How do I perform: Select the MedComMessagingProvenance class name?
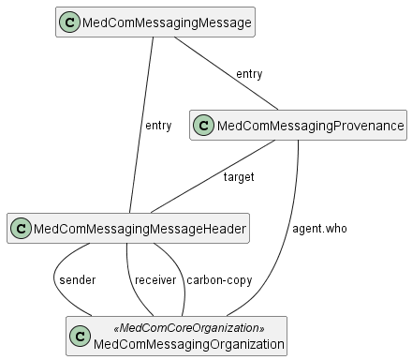(x=310, y=126)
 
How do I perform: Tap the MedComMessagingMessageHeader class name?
(x=140, y=228)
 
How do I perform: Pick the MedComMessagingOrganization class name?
(x=188, y=344)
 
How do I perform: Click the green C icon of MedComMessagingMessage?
(x=69, y=22)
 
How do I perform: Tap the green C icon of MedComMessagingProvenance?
(x=204, y=126)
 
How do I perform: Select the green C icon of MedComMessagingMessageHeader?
(x=22, y=228)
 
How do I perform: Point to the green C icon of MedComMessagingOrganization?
(x=81, y=336)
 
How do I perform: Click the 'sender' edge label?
(x=76, y=279)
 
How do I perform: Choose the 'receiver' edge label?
(x=155, y=279)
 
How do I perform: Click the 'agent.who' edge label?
(x=320, y=228)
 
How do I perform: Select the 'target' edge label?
(x=238, y=176)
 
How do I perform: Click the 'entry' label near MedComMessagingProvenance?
(x=249, y=74)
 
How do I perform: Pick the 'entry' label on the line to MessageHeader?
(x=158, y=126)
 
